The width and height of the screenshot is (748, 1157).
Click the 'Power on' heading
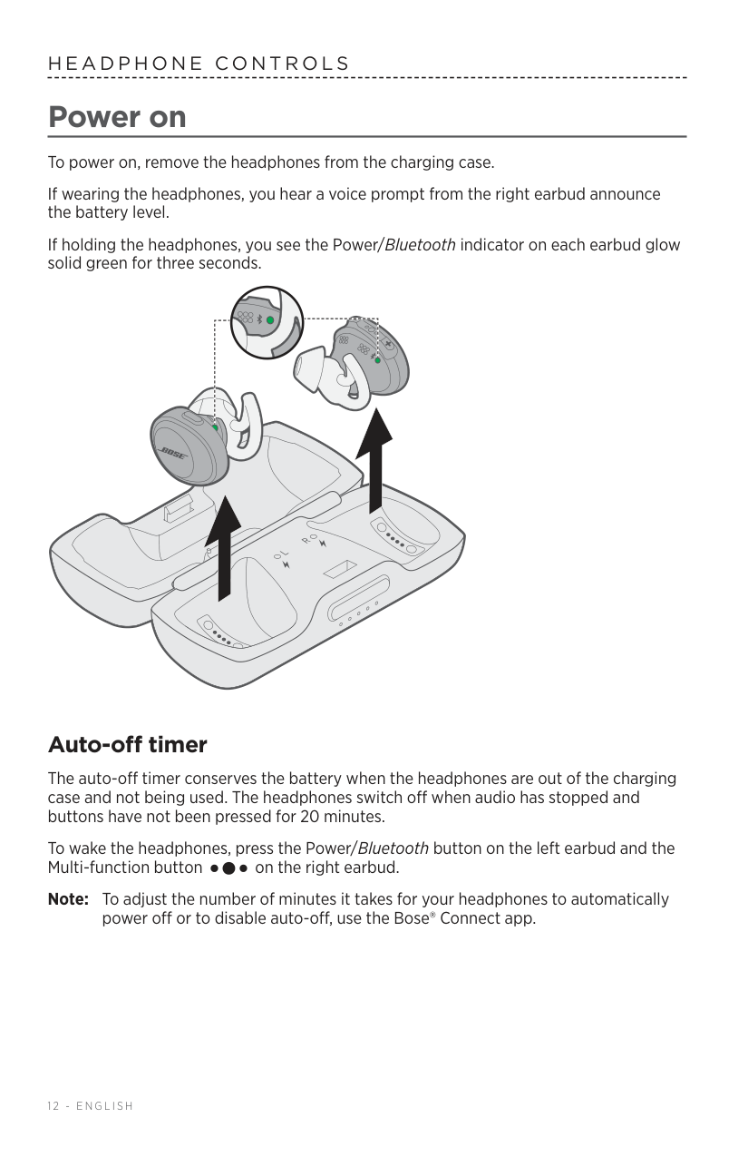(117, 117)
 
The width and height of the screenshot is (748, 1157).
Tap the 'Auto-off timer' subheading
(128, 745)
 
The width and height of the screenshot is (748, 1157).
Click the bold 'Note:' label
(68, 899)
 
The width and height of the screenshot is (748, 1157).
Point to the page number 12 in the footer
(53, 1106)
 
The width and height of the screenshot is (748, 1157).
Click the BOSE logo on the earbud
(172, 454)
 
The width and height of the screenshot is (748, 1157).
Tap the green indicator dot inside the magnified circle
(270, 320)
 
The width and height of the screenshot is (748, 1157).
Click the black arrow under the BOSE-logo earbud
(223, 548)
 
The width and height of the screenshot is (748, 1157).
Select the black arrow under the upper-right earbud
(374, 461)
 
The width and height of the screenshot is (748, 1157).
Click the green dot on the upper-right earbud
(378, 360)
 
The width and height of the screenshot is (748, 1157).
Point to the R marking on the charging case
(305, 540)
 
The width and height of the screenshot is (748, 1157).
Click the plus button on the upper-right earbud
(388, 344)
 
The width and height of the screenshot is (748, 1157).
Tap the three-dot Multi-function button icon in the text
(228, 868)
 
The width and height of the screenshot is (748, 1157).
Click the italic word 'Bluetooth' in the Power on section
(420, 244)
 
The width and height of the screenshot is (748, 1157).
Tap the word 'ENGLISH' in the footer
(105, 1106)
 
